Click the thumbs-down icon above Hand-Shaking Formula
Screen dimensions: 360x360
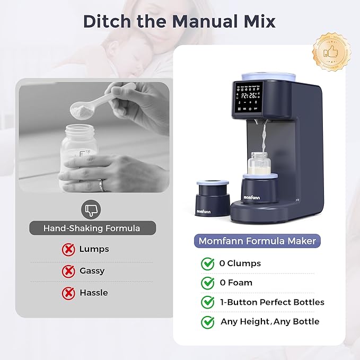[x=93, y=210]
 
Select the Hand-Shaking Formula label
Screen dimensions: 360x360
[x=92, y=229]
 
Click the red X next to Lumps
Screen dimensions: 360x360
[x=68, y=249]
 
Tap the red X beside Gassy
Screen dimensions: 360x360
[x=68, y=271]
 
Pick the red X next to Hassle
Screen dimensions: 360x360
[x=68, y=293]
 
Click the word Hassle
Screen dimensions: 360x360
[x=93, y=293]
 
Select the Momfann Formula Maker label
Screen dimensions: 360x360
[x=257, y=241]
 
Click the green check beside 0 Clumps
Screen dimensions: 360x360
[x=208, y=264]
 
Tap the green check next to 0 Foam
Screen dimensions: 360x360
[x=208, y=283]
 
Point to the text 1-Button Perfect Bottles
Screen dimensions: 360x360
[x=272, y=302]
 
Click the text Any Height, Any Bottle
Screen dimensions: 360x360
[x=270, y=321]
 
